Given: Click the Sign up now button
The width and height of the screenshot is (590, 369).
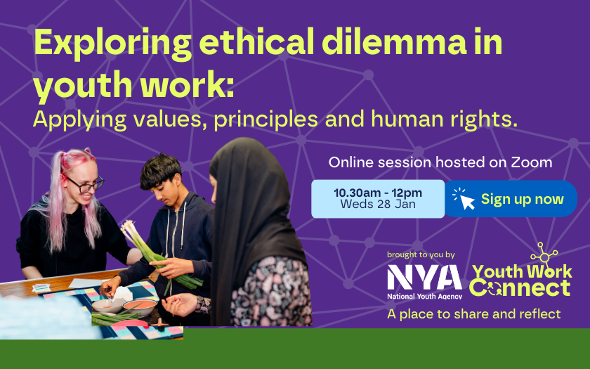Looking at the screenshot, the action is point(511,199).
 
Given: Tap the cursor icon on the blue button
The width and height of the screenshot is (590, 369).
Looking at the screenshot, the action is point(464,198).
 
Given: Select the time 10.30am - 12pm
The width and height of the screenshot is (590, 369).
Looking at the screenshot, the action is point(378,193).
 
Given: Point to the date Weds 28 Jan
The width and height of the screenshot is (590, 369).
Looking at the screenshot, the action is point(378,204).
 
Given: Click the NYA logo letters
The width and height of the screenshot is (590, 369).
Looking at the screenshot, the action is point(424,277).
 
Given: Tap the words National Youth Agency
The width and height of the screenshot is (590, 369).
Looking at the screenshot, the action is point(424,296).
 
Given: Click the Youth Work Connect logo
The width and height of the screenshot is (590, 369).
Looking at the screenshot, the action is point(520,271).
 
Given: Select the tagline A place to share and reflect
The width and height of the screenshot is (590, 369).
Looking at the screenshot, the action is point(473,313).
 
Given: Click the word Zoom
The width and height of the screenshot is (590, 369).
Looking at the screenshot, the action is point(531,162).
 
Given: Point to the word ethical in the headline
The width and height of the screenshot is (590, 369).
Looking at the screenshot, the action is point(258,42).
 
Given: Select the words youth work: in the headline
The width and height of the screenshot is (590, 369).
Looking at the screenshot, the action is point(134,86).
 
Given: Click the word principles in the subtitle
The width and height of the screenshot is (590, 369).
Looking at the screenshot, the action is point(266,119).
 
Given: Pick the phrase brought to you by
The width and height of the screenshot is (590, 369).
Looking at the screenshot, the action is point(421,254).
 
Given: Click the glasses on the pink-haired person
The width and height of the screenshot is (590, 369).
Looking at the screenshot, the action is point(86,183).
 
